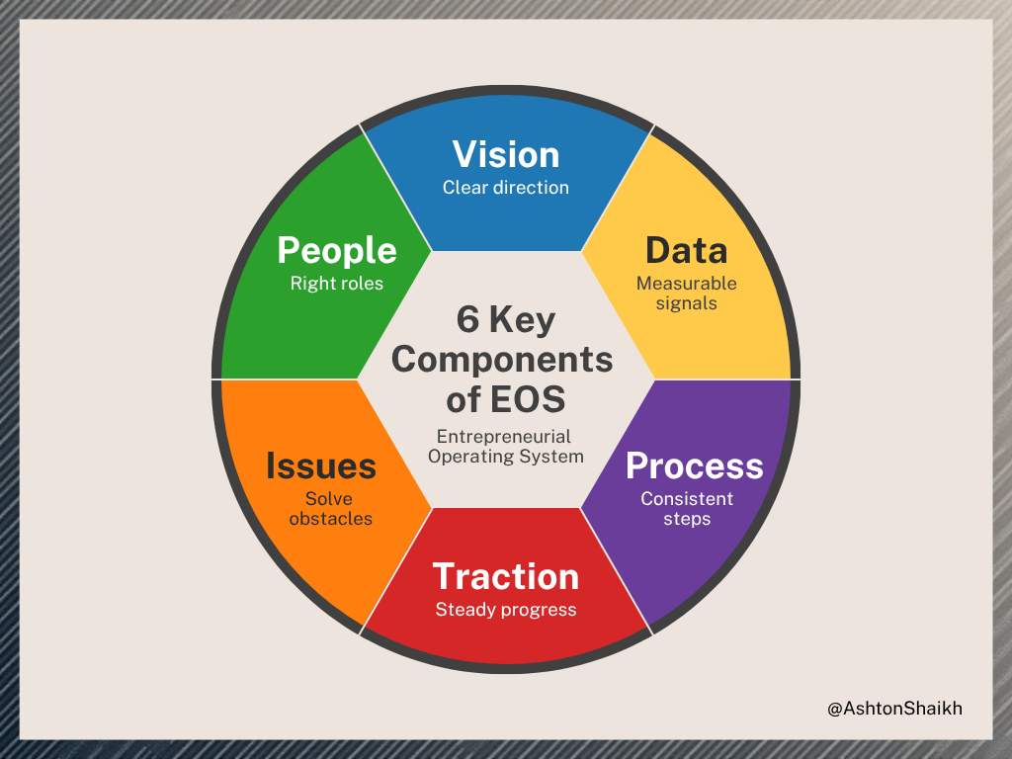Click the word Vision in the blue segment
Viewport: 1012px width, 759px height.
click(506, 155)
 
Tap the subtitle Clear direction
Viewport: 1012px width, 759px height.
click(506, 187)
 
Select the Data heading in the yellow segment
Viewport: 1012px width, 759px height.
click(686, 251)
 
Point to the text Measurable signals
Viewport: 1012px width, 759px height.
click(686, 294)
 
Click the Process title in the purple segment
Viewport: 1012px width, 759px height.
click(695, 465)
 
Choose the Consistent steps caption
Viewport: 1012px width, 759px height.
click(687, 508)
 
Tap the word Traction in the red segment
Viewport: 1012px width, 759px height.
click(506, 576)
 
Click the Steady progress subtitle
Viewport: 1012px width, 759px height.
click(506, 610)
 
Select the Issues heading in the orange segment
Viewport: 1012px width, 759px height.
click(321, 465)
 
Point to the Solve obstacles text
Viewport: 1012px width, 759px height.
click(330, 508)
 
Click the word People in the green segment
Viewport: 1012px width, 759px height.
click(337, 251)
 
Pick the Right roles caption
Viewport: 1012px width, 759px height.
click(337, 284)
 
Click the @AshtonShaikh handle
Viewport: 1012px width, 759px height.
click(894, 708)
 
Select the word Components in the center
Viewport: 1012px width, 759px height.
click(502, 359)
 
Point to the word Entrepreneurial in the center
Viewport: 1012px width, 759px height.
click(504, 436)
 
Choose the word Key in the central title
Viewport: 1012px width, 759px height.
click(524, 320)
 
